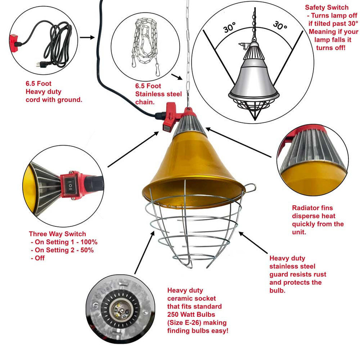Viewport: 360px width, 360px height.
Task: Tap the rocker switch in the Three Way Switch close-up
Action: coord(69,185)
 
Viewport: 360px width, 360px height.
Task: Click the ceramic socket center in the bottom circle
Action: coord(120,310)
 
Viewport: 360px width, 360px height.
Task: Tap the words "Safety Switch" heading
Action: coord(326,7)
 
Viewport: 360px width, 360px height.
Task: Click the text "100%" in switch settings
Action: coord(89,242)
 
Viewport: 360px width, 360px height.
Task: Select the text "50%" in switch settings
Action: coord(87,250)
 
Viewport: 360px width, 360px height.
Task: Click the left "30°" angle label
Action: coord(230,27)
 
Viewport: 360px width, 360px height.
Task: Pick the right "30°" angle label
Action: coord(280,25)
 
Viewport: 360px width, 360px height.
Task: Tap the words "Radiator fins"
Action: coord(312,208)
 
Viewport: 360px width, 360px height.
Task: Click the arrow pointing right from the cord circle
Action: coord(87,37)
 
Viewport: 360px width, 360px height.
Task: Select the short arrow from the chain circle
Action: coord(177,77)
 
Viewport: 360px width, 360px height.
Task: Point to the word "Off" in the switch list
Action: coord(40,258)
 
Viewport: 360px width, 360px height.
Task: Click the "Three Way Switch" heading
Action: coord(57,234)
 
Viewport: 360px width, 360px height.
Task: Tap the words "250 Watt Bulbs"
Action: coord(191,314)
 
